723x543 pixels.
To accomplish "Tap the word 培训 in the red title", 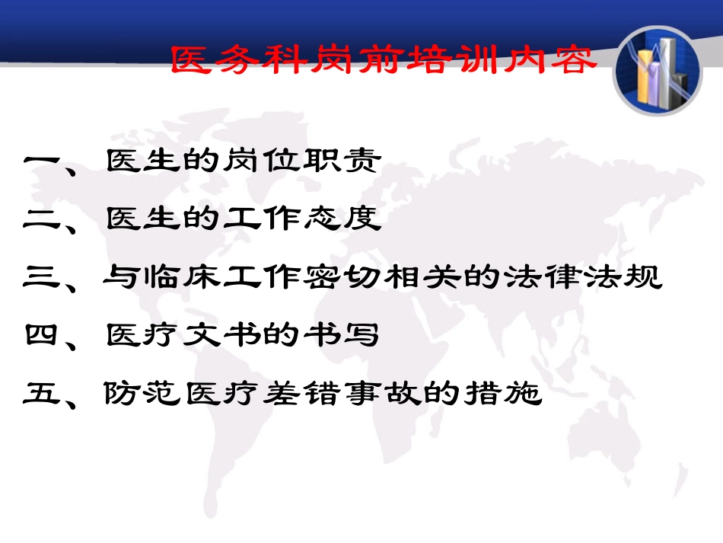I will (455, 60).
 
